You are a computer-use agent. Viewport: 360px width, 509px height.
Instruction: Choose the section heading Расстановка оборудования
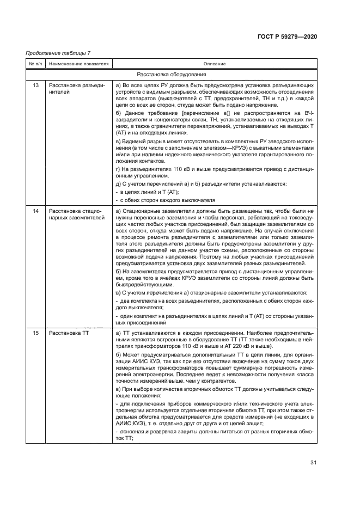coord(171,74)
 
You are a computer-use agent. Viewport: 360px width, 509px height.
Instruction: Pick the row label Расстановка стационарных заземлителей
coord(76,214)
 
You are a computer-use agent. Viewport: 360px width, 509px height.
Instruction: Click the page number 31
coord(313,463)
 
